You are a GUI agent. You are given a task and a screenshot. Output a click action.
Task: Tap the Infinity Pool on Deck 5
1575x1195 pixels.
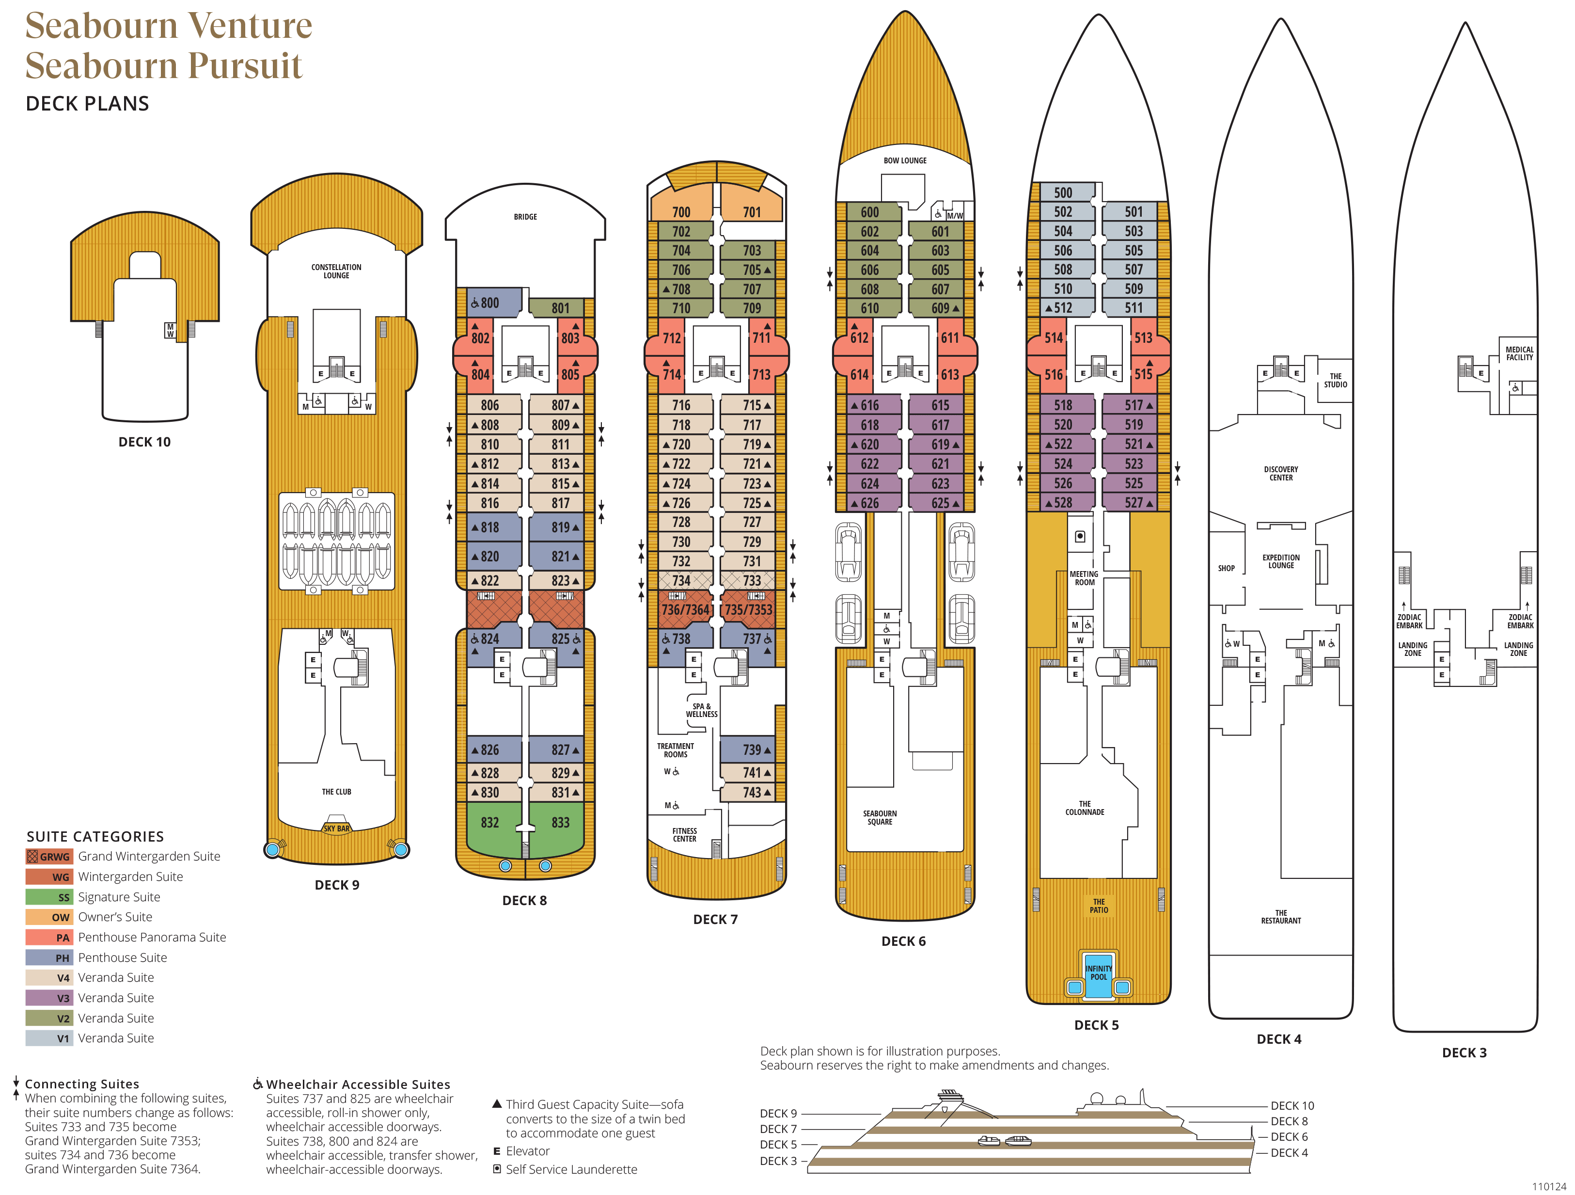pos(1098,973)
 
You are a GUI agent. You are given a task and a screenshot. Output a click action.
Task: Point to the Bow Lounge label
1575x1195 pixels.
pos(905,161)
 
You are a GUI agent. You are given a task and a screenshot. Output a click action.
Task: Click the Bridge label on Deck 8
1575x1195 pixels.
pos(525,217)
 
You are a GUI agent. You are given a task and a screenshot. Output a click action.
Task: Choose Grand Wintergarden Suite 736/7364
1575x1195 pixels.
pos(685,609)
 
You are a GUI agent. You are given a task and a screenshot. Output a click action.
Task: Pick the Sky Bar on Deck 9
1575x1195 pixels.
pos(336,828)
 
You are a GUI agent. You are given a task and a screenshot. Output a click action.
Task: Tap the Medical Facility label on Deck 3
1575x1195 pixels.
pos(1519,353)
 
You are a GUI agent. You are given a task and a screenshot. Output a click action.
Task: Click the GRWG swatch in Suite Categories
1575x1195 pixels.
pos(49,856)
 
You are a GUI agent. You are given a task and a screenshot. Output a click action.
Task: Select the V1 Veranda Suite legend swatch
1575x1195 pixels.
pos(49,1038)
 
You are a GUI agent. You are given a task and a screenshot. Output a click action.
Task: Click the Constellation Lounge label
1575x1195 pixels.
pos(336,271)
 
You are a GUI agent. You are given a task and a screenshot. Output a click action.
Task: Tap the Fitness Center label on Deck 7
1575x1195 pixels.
pos(684,835)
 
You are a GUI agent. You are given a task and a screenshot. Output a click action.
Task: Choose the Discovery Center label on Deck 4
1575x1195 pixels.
pos(1280,474)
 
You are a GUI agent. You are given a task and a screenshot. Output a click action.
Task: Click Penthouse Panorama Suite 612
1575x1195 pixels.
pos(859,337)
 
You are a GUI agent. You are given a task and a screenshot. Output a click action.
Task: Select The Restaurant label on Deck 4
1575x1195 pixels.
pos(1280,917)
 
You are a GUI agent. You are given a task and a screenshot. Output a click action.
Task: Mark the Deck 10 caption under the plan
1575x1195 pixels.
pos(144,442)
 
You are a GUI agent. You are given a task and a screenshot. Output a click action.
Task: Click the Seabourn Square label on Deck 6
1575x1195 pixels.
pos(880,817)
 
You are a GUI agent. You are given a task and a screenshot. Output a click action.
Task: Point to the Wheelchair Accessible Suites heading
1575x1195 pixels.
pos(358,1084)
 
